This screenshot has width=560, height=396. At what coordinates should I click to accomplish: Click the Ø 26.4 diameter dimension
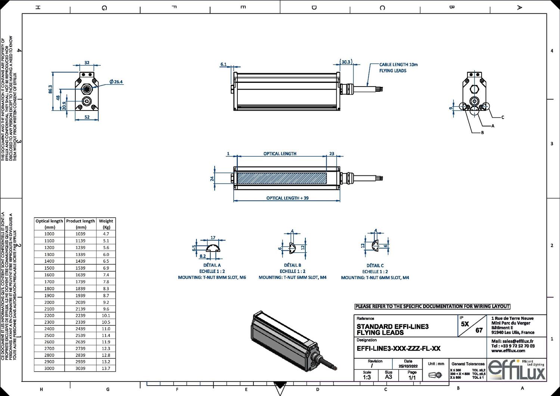pyautogui.click(x=116, y=82)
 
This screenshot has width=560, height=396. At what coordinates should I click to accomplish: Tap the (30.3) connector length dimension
pyautogui.click(x=346, y=62)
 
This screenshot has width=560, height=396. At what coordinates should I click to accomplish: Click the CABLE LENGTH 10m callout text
pyautogui.click(x=398, y=65)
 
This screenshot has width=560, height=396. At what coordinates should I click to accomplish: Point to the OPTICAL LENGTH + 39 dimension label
pyautogui.click(x=287, y=198)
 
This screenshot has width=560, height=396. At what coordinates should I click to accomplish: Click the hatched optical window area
pyautogui.click(x=282, y=178)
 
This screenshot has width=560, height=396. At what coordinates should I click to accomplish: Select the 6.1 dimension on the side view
pyautogui.click(x=223, y=64)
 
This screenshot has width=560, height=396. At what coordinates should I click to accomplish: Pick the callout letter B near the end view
pyautogui.click(x=482, y=132)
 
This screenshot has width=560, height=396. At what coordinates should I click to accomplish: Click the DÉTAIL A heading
pyautogui.click(x=212, y=265)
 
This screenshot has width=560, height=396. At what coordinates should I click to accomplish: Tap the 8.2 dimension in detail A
pyautogui.click(x=203, y=256)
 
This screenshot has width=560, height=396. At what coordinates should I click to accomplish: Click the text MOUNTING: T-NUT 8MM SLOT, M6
pyautogui.click(x=212, y=277)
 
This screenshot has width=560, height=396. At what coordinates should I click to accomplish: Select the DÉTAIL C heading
pyautogui.click(x=375, y=266)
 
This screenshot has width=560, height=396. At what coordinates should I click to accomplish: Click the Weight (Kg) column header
pyautogui.click(x=106, y=224)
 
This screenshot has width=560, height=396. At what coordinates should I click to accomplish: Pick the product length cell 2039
pyautogui.click(x=81, y=302)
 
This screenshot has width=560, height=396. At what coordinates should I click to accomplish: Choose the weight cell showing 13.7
pyautogui.click(x=106, y=368)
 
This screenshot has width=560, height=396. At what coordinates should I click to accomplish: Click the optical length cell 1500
pyautogui.click(x=49, y=268)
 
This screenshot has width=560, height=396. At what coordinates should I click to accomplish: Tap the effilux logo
pyautogui.click(x=516, y=370)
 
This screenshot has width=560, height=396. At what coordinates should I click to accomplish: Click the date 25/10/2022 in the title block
pyautogui.click(x=408, y=366)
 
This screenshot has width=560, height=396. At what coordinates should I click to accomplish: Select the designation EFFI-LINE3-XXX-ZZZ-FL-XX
pyautogui.click(x=398, y=349)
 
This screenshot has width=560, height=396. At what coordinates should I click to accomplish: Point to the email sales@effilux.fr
pyautogui.click(x=512, y=341)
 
